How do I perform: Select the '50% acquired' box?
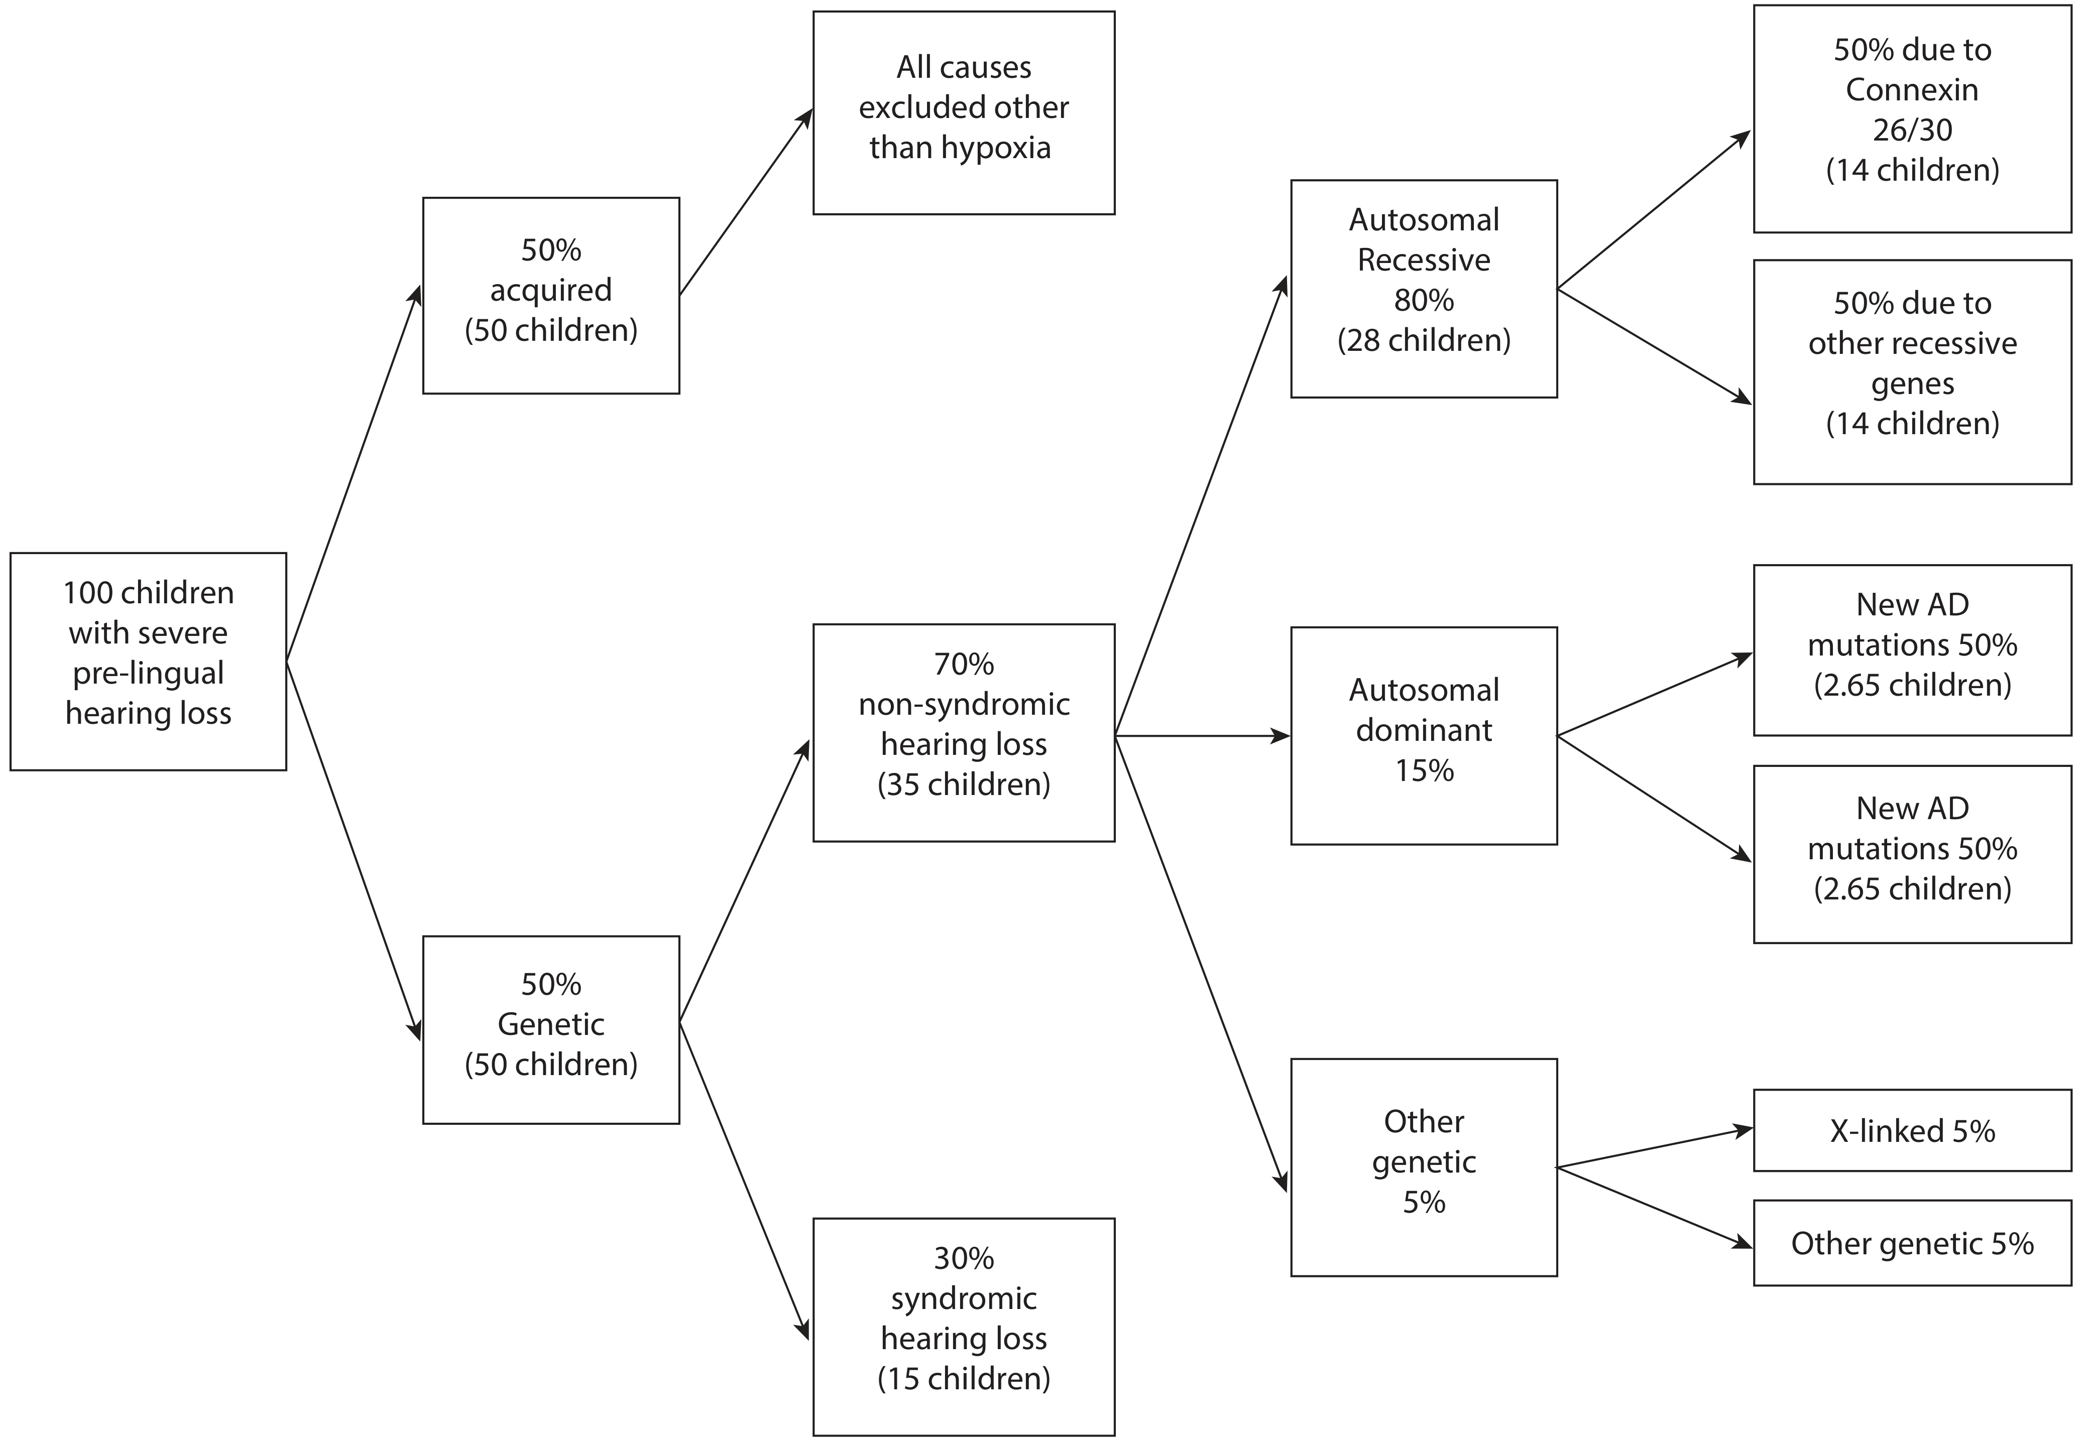(x=551, y=295)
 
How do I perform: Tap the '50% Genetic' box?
(x=551, y=1029)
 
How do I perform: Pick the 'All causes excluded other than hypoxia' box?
(x=964, y=113)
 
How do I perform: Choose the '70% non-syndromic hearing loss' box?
(x=964, y=732)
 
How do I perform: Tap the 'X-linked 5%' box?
(x=1912, y=1130)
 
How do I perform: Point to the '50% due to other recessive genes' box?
(x=1912, y=372)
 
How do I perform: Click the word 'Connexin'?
(x=1912, y=89)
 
